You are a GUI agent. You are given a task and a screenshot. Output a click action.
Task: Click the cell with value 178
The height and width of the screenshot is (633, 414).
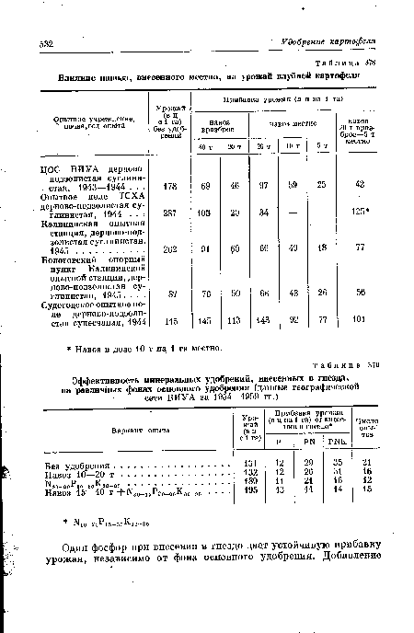168,186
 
